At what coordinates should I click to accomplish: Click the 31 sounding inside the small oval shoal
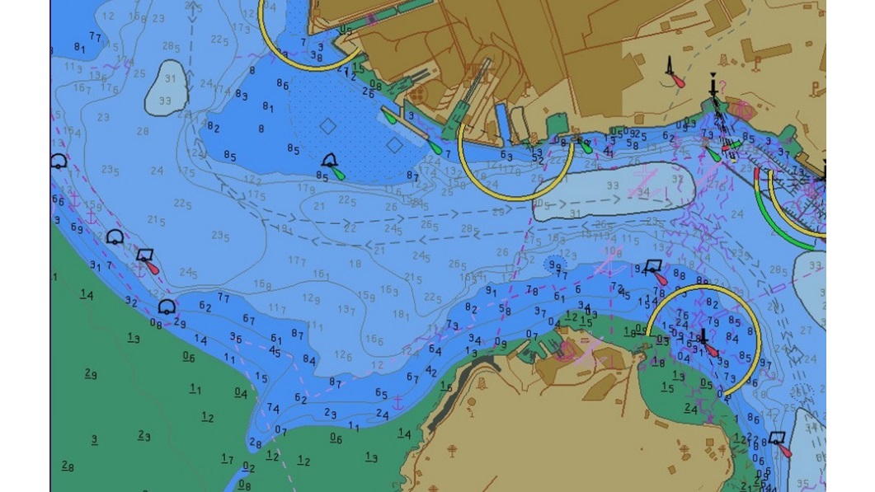170,79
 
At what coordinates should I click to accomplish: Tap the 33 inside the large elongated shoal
613,187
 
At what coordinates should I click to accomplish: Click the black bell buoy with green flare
330,162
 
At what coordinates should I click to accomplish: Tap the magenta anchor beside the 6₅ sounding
397,402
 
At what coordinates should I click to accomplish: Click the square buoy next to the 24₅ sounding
146,257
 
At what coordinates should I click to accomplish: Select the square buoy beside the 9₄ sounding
653,266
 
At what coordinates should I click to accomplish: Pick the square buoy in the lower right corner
777,438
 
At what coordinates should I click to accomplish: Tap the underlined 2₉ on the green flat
91,373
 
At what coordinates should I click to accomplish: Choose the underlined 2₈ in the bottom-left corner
68,466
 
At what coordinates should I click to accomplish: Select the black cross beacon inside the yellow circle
703,338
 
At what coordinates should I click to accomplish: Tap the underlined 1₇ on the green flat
227,459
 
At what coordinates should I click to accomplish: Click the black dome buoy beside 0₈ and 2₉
167,307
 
